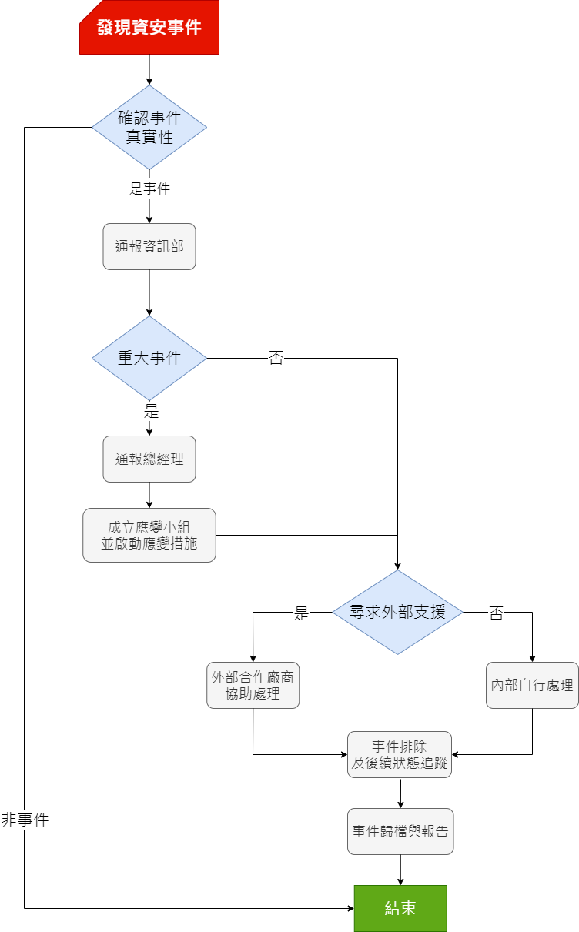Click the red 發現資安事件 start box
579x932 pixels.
[149, 28]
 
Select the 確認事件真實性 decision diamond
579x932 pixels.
[149, 128]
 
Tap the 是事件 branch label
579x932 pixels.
[149, 189]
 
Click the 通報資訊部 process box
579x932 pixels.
[149, 247]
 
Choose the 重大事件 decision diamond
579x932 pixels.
[149, 358]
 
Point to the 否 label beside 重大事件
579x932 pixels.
[276, 358]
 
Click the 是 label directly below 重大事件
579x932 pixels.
[151, 411]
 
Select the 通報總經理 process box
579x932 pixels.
[149, 459]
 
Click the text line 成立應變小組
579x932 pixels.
[149, 527]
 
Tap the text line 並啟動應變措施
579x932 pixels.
[149, 543]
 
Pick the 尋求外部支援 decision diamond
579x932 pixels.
[397, 613]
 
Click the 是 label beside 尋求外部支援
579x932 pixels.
[301, 613]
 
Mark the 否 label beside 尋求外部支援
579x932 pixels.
[497, 613]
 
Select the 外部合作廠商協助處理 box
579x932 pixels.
[253, 686]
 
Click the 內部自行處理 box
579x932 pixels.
[532, 685]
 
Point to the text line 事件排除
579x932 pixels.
[399, 747]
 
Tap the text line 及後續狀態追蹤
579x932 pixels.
[399, 763]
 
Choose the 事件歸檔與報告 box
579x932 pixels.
[400, 832]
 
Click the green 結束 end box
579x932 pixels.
[400, 908]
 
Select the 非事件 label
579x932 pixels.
[25, 820]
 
